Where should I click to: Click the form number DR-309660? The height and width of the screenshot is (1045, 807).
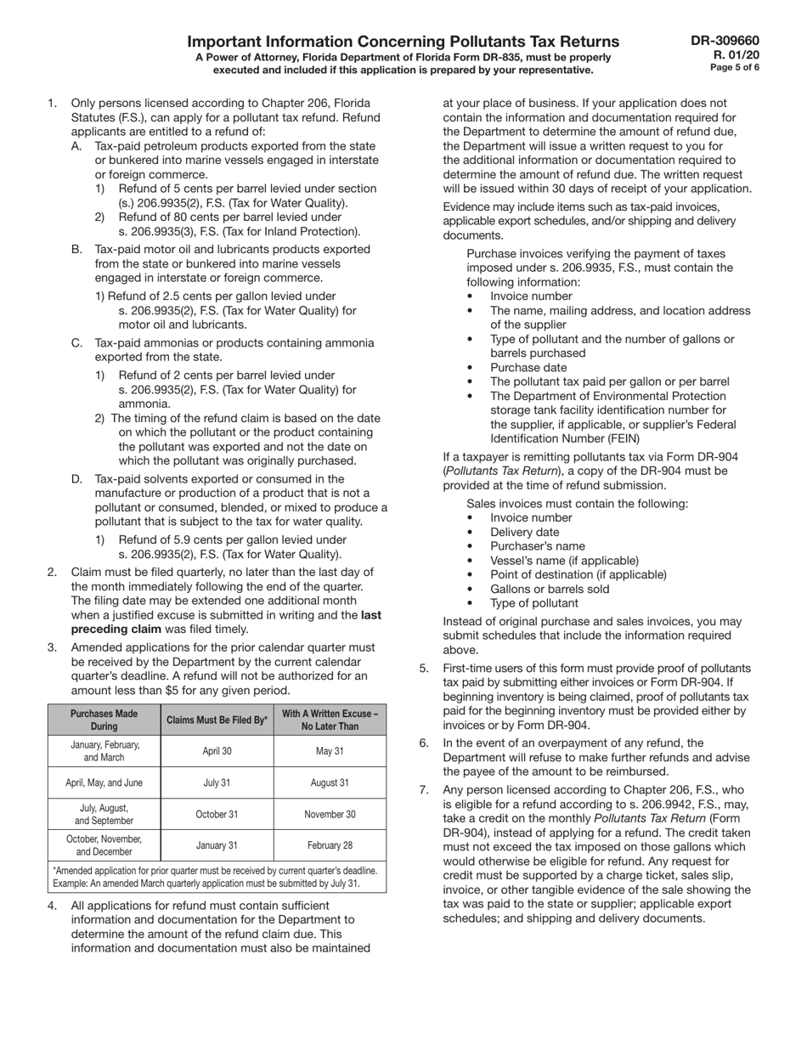(x=725, y=40)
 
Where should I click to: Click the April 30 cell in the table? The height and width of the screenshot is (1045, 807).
(x=217, y=751)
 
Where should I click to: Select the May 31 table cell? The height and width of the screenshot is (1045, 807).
(x=330, y=751)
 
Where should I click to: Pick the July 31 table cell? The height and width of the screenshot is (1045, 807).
(x=217, y=782)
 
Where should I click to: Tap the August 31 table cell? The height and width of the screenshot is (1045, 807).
(x=330, y=782)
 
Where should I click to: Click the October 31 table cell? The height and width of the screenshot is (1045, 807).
(x=217, y=814)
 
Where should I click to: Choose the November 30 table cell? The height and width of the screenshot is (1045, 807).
(x=330, y=814)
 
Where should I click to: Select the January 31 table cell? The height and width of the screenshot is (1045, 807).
(x=217, y=845)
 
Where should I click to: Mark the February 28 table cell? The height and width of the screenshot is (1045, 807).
(x=330, y=845)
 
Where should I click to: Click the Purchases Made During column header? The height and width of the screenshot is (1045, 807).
(x=104, y=720)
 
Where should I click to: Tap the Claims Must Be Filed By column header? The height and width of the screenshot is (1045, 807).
(x=217, y=720)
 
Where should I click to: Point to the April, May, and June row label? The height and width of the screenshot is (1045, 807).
(x=104, y=782)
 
